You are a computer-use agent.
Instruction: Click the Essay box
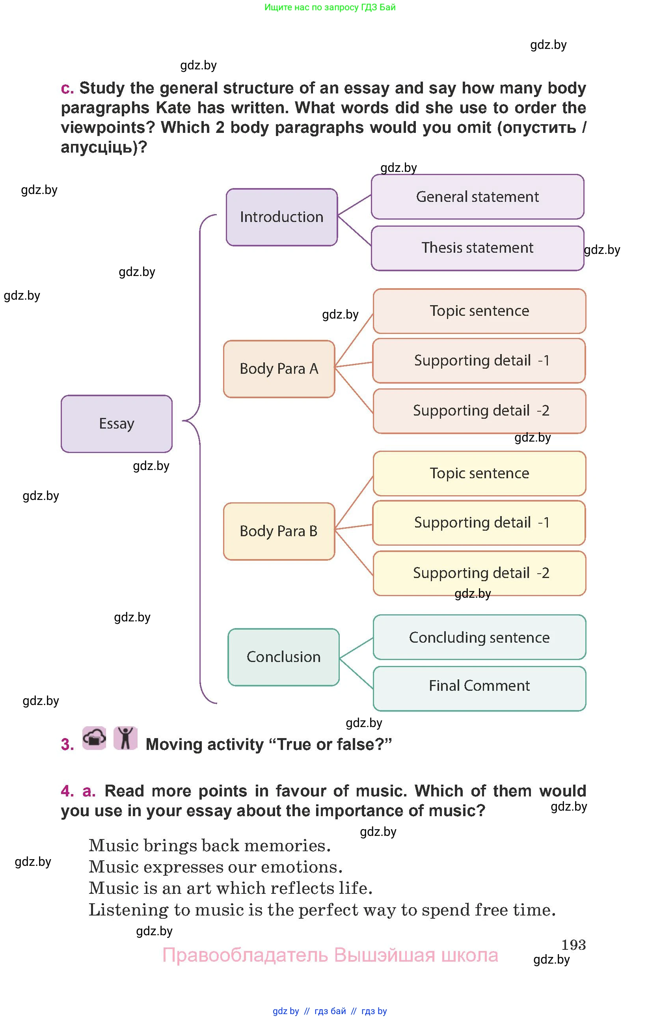coord(117,423)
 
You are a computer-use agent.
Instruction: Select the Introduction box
coord(281,217)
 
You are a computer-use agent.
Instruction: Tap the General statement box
coord(477,197)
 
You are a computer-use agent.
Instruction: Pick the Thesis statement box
coord(477,248)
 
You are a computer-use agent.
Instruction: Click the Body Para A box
coord(279,369)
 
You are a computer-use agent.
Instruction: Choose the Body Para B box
coord(279,531)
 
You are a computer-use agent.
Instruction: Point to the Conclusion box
coord(283,656)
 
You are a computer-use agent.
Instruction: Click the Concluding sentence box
coord(479,637)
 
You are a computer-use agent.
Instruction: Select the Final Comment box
coord(479,686)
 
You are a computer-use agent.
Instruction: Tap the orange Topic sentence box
coord(479,311)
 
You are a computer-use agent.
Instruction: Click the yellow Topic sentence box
coord(479,473)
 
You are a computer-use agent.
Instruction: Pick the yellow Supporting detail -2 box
coord(479,573)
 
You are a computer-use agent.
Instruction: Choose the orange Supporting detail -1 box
coord(479,360)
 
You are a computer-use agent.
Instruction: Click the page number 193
coord(573,945)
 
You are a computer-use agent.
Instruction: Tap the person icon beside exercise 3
coord(125,738)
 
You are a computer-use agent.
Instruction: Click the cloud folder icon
coord(94,738)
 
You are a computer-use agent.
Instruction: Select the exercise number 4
coord(67,791)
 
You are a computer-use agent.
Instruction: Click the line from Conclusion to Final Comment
coord(356,673)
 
